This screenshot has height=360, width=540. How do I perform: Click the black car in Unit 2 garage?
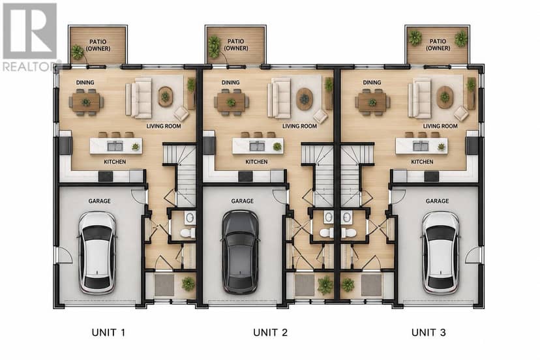240,252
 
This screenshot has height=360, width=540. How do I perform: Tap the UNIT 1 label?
108,333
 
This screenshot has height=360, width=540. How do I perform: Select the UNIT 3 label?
428,333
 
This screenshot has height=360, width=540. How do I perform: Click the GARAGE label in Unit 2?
242,201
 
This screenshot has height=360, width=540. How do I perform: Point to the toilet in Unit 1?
188,233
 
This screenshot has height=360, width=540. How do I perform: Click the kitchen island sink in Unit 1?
115,146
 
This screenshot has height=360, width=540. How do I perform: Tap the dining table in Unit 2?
232,102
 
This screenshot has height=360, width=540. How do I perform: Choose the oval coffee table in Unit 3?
445,97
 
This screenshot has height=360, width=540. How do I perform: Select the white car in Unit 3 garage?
440,252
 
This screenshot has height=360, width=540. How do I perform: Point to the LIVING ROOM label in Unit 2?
299,126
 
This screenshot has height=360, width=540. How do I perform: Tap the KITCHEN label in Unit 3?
422,162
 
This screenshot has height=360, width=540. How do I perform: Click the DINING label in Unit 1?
85,82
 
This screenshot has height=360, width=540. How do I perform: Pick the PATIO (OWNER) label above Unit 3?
438,45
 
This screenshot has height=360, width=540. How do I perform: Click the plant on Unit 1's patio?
77,52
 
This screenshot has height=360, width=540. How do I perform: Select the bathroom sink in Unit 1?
190,218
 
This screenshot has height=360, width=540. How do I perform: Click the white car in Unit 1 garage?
97,252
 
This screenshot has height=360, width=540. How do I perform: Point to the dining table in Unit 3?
372,102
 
